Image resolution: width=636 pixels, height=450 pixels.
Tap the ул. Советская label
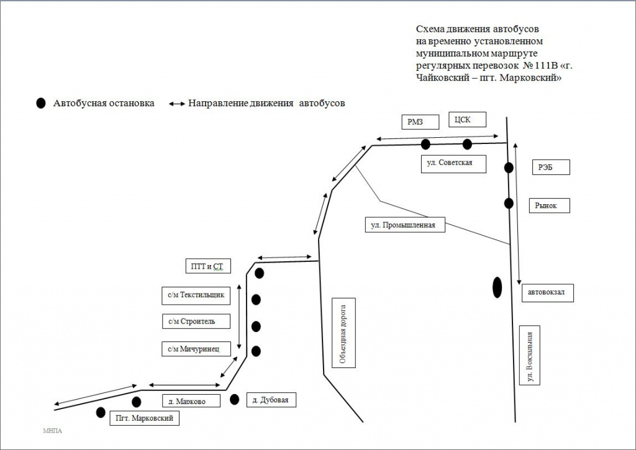(x=452, y=163)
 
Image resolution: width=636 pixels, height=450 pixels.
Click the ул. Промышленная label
(x=404, y=225)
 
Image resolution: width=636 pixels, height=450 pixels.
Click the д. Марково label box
(x=191, y=401)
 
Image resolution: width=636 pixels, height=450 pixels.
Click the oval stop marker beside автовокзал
(x=497, y=287)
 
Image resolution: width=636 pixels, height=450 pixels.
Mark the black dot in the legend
(x=41, y=104)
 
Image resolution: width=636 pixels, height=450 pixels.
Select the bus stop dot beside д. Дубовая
(x=234, y=399)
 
